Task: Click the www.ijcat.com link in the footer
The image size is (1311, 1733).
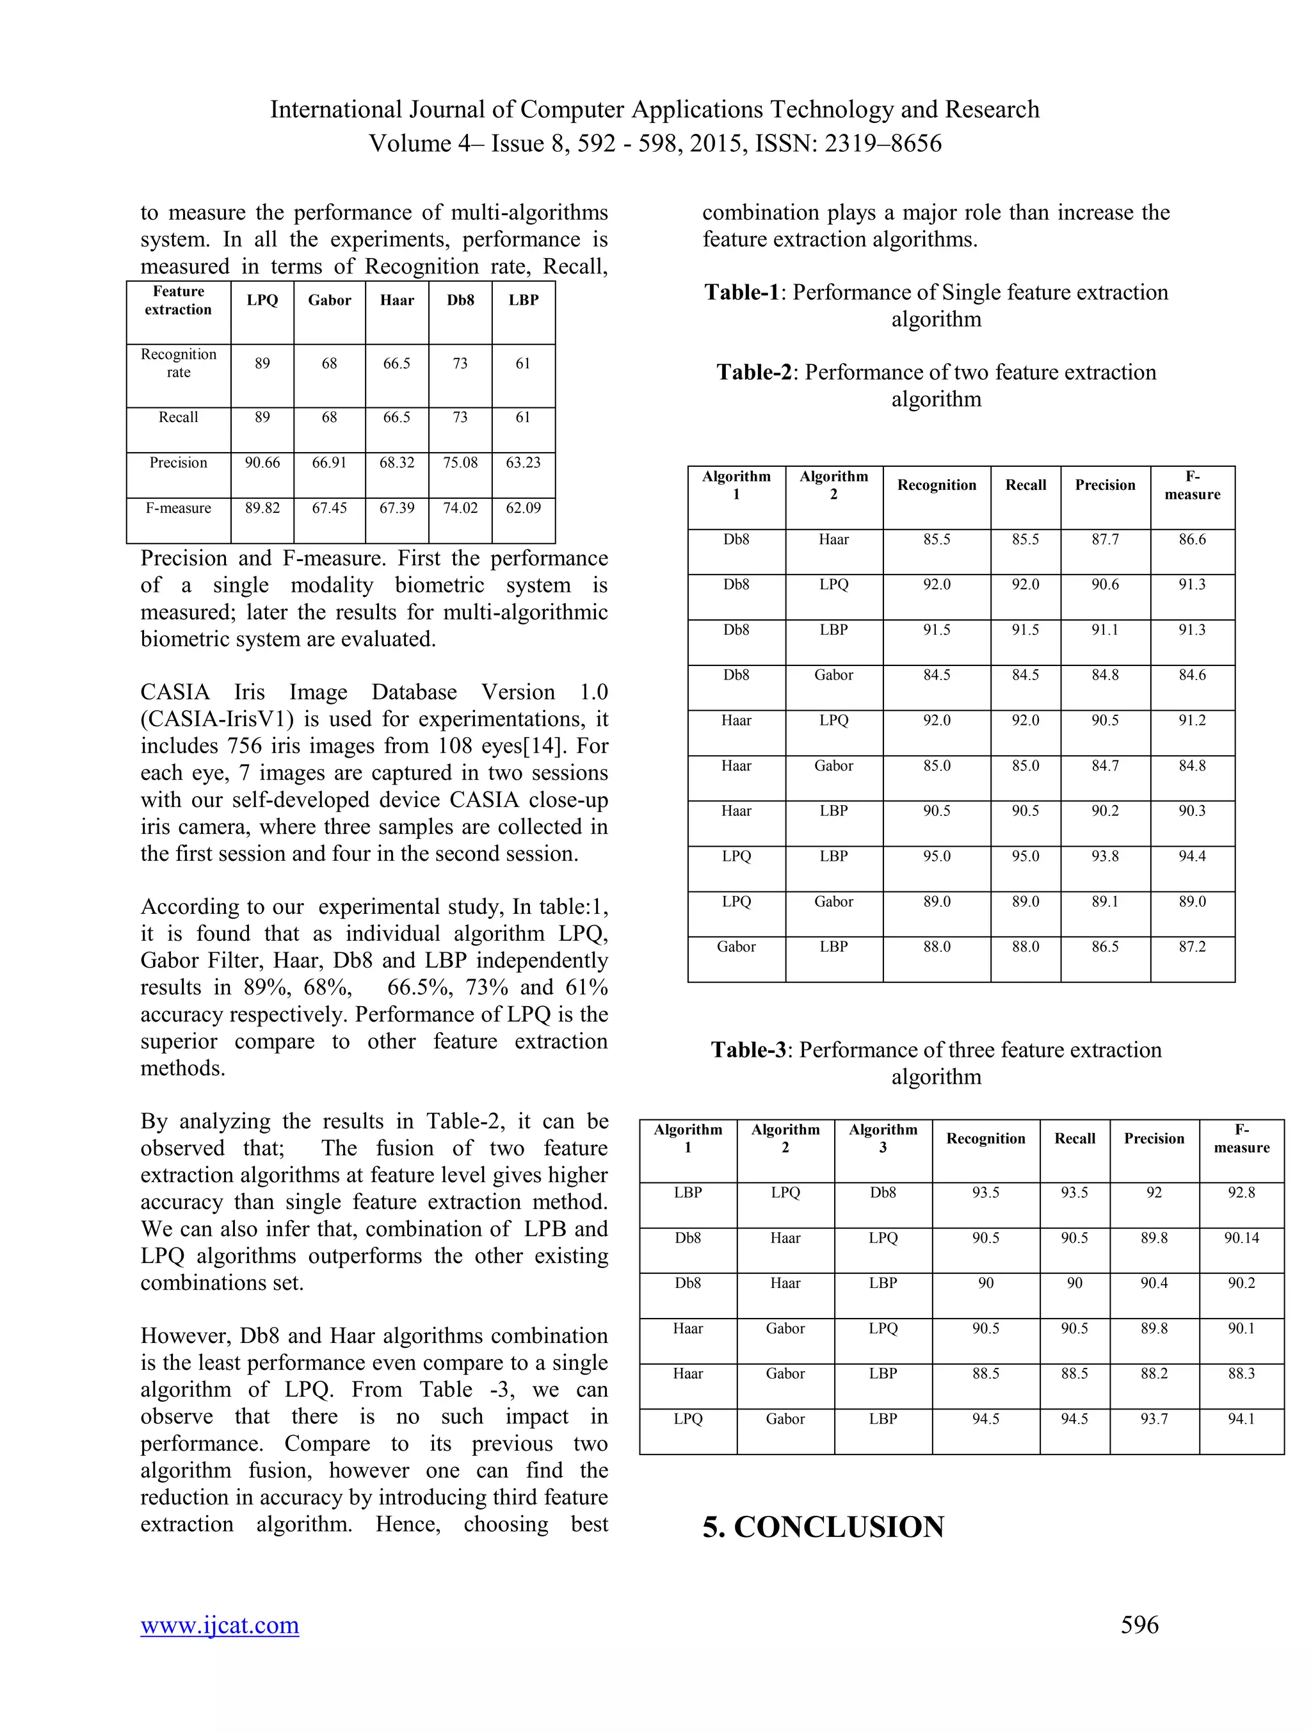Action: click(x=220, y=1625)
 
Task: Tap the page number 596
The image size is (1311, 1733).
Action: click(x=1139, y=1625)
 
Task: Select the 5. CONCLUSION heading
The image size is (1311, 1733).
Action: click(x=823, y=1527)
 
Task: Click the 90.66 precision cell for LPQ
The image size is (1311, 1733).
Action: click(x=262, y=463)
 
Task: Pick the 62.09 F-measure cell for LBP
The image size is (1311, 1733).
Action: click(x=523, y=509)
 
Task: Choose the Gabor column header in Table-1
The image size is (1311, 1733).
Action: click(x=329, y=301)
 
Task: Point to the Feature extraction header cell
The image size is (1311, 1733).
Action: click(x=179, y=301)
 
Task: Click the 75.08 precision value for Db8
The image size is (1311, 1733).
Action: click(x=460, y=463)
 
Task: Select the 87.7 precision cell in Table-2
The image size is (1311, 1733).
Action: click(x=1105, y=540)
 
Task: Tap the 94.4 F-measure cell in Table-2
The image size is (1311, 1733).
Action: click(x=1192, y=856)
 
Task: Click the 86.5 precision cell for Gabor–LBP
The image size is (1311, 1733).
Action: click(x=1105, y=947)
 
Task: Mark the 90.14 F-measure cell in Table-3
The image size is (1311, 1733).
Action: click(x=1241, y=1239)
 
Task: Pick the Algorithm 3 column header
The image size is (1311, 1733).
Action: click(x=883, y=1138)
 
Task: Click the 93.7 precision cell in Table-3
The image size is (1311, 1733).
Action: click(x=1154, y=1419)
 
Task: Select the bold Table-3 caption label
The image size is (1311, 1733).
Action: click(x=748, y=1050)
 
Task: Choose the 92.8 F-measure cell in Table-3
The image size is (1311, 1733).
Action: click(x=1241, y=1193)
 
